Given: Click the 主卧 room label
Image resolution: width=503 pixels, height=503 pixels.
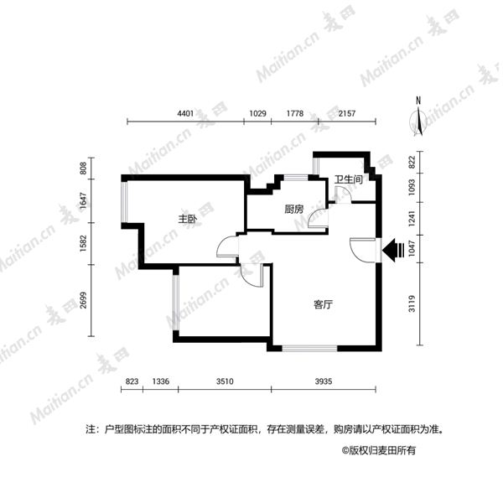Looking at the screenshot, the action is point(188,219).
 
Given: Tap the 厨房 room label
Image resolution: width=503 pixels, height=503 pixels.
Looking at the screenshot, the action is point(294,209).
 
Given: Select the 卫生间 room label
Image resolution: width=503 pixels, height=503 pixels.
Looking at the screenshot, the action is point(349,179).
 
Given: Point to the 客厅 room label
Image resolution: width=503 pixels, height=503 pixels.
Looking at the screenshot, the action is point(323,304).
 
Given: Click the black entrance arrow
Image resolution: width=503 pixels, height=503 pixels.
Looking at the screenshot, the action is point(393,250).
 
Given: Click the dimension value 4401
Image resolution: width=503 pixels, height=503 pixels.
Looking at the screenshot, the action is point(185,113).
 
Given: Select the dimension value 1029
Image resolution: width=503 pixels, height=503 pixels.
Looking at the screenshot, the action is point(257,113).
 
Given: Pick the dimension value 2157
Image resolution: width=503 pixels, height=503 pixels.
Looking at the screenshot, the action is point(347,113).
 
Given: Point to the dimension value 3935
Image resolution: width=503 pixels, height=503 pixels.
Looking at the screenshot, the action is point(324,381).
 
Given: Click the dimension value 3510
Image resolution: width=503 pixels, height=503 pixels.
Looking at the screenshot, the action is point(225,381).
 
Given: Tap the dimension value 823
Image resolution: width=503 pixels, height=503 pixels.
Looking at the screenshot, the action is point(132,381).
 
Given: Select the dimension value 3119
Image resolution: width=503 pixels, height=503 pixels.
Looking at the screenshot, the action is point(412,303).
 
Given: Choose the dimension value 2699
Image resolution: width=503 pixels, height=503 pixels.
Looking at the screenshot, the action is point(83,300).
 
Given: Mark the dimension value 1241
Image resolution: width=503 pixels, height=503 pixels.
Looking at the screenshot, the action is point(412,218).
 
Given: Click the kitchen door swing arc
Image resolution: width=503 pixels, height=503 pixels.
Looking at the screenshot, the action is point(314,217).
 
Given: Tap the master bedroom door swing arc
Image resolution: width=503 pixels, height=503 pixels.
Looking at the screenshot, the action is point(224,244).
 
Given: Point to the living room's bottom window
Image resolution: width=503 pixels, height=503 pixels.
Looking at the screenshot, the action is point(309,348).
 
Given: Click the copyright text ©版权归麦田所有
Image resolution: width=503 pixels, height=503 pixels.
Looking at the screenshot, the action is point(379,450).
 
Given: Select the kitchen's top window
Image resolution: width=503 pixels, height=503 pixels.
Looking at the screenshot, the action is point(296,178).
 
